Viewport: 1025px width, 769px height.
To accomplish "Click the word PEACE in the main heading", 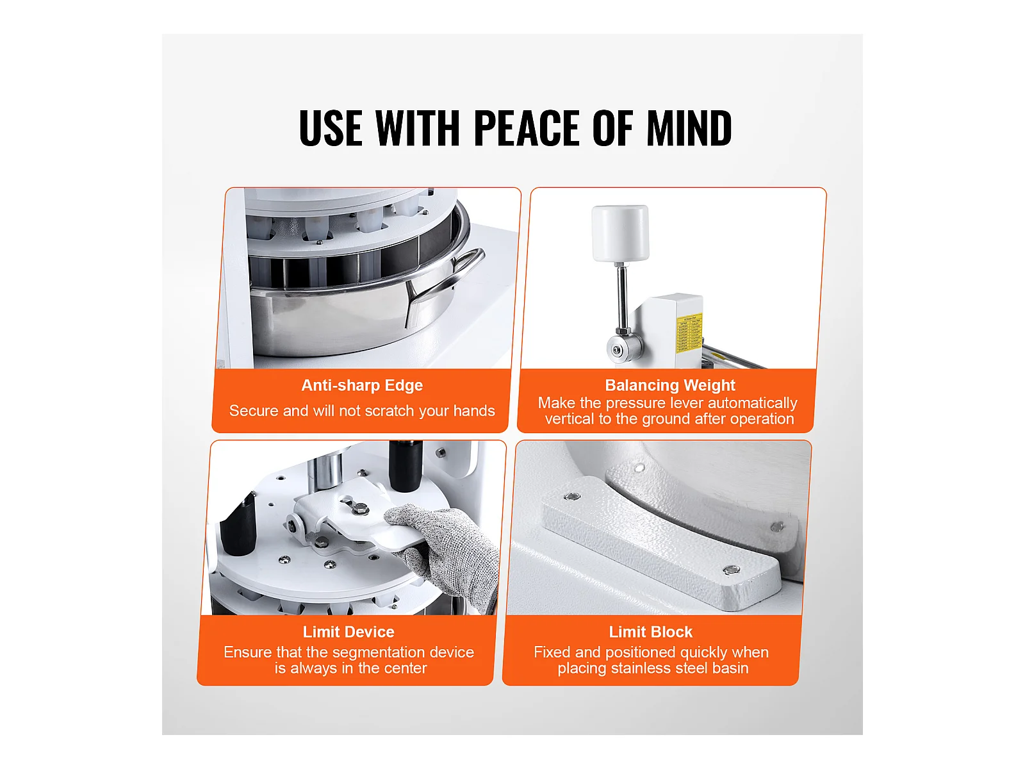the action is click(x=527, y=128).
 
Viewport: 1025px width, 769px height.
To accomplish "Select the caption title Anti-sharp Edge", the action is click(x=362, y=386).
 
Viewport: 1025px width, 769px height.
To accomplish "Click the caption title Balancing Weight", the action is click(x=670, y=385).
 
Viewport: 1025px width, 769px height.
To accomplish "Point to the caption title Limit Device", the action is click(x=348, y=632).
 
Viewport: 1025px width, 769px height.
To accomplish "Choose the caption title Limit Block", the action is click(x=650, y=632).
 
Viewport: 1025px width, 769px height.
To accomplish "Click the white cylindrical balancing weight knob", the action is click(x=620, y=233).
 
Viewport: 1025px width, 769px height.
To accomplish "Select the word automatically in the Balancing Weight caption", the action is click(x=753, y=404).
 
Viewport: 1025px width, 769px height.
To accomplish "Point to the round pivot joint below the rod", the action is click(x=623, y=349).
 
